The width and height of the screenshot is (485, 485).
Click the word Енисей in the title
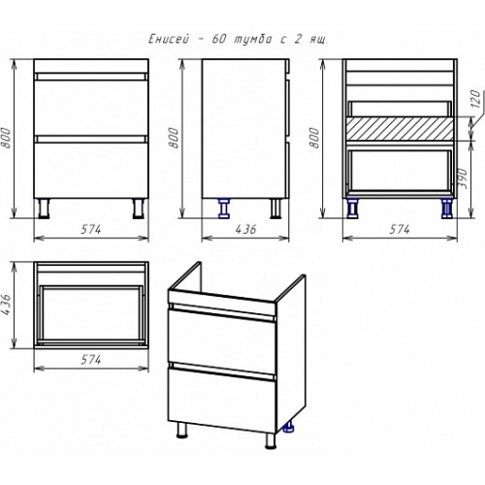tap(170, 39)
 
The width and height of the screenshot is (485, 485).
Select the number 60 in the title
tap(219, 39)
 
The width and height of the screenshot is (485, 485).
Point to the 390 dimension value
tap(464, 178)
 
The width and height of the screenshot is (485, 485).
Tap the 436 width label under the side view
tap(245, 229)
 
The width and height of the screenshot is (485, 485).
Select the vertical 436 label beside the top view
tap(7, 306)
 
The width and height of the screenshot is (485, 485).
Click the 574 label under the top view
tap(91, 360)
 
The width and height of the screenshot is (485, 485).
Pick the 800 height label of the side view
tap(175, 138)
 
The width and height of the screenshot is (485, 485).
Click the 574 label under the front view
tap(91, 229)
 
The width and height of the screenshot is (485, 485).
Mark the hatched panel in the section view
tap(400, 129)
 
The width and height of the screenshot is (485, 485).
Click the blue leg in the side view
tap(223, 208)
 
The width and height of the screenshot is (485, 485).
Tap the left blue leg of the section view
tap(352, 208)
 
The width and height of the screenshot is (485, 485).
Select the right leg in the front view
tap(139, 209)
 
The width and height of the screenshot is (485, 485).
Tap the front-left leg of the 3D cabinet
tap(182, 431)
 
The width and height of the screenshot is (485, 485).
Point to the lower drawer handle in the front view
tap(91, 139)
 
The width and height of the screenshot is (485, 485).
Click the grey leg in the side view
tap(275, 208)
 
